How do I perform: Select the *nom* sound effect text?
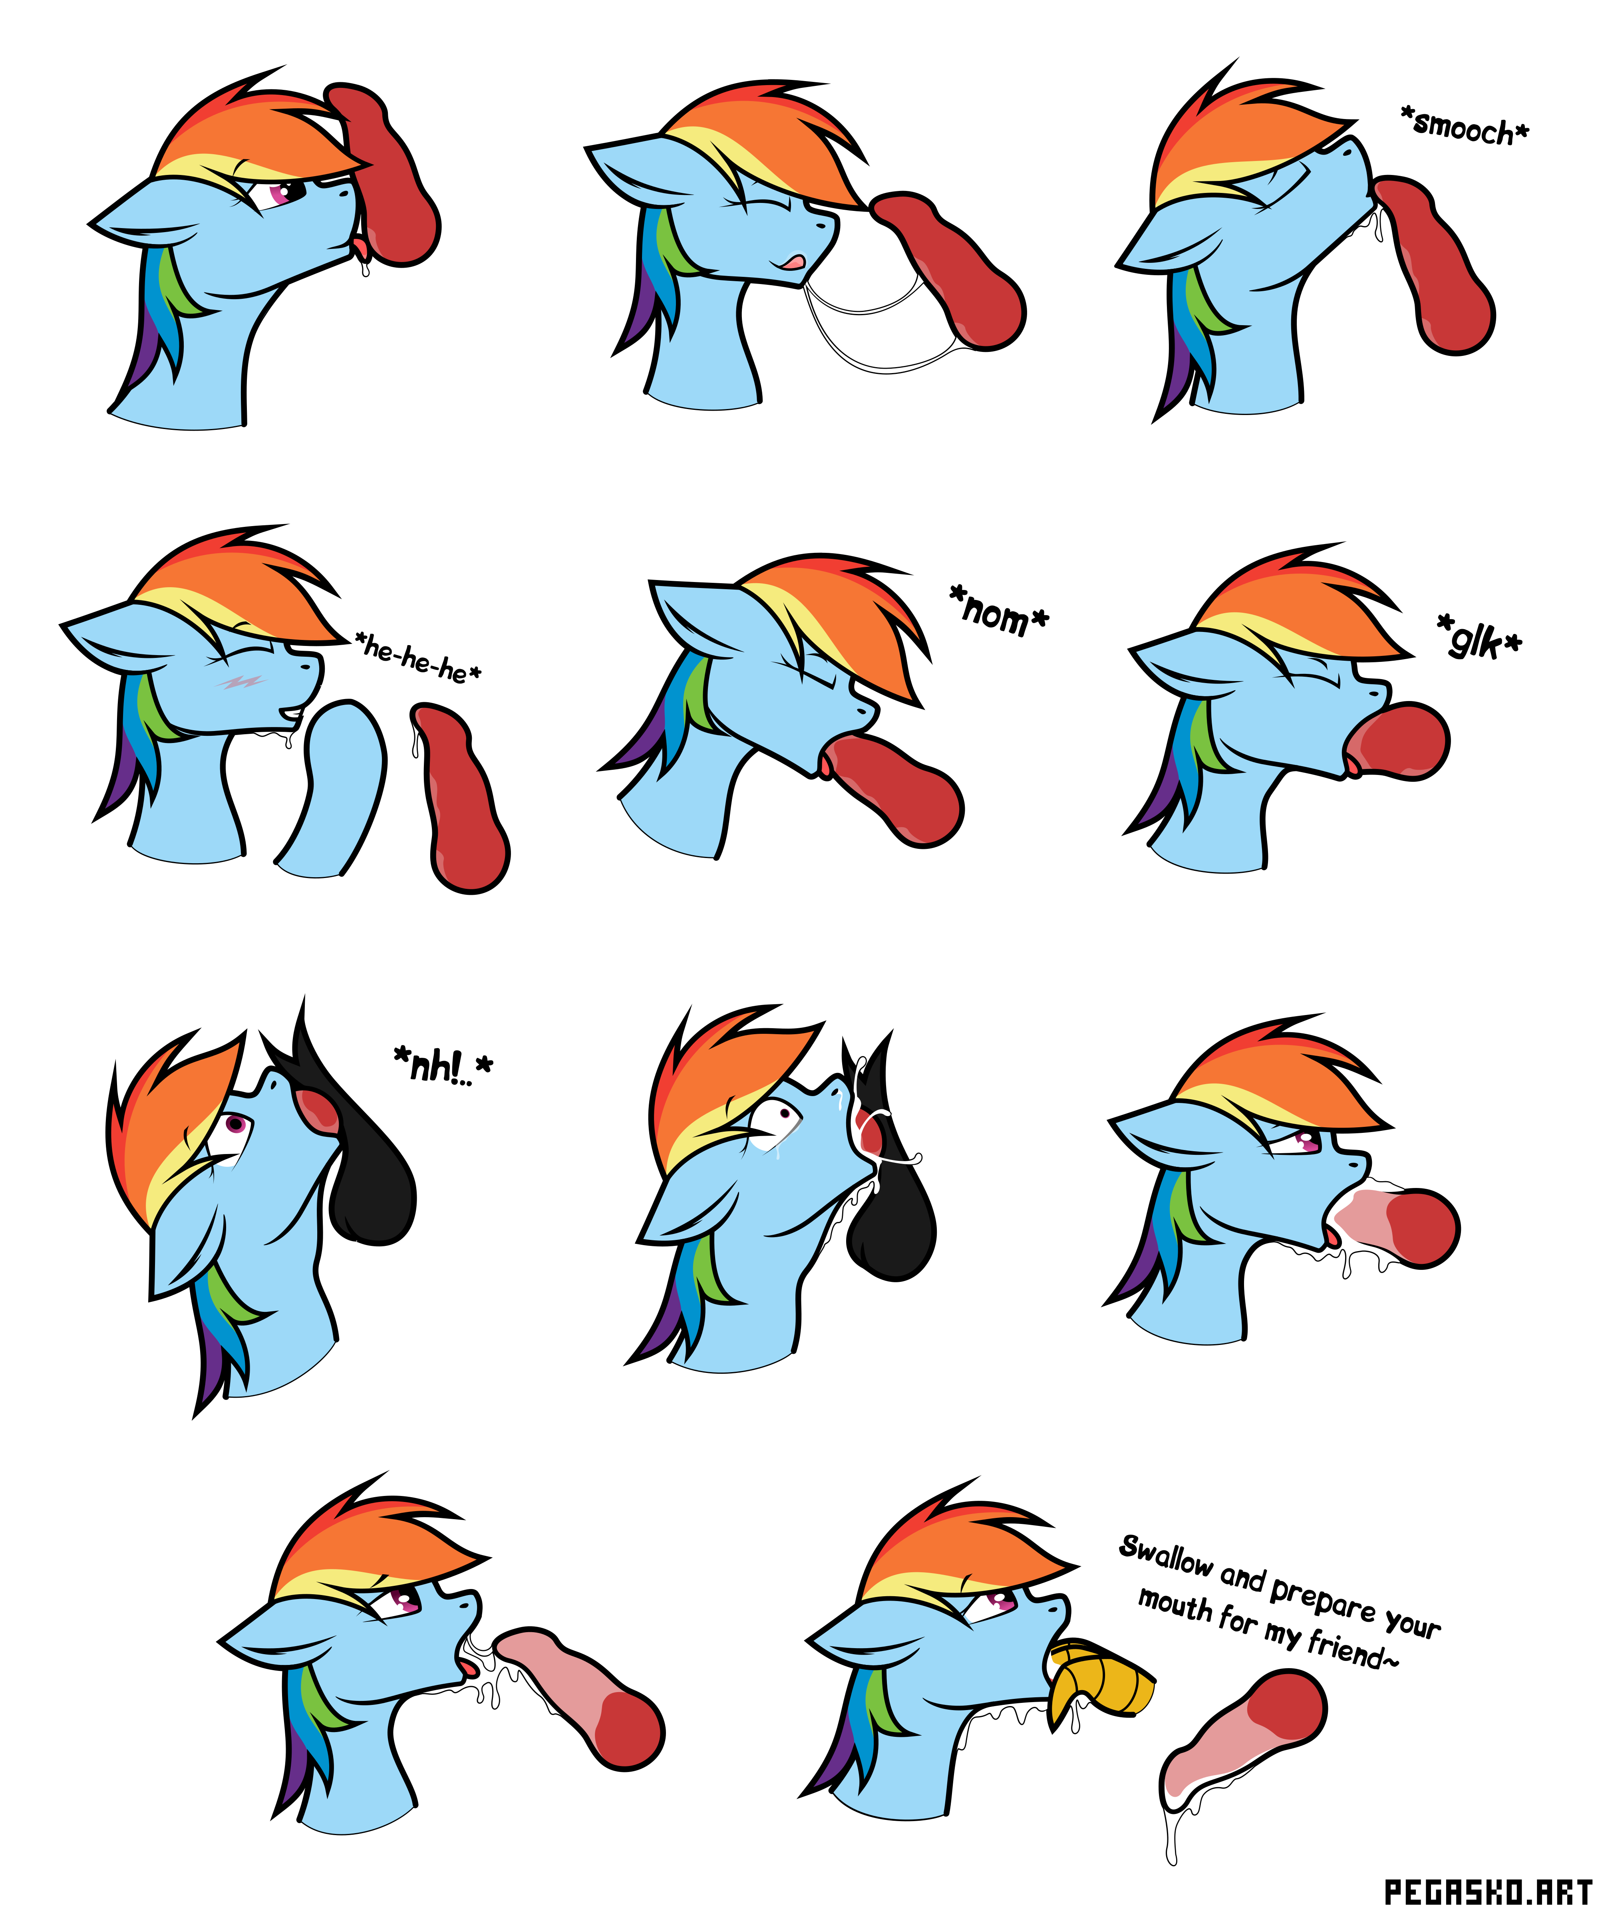coord(1000,610)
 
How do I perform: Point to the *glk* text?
coord(1479,637)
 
